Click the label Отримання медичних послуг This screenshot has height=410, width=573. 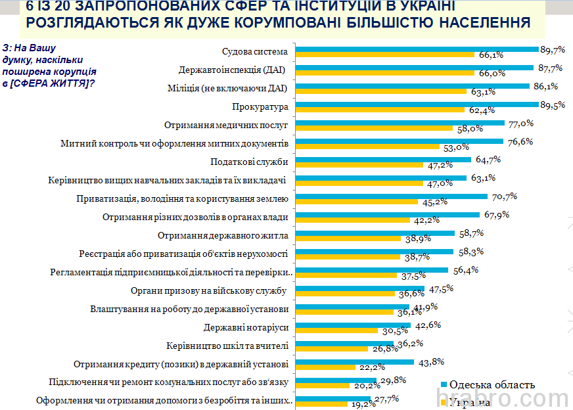pos(226,124)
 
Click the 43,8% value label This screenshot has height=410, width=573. pos(427,361)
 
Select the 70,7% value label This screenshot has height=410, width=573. pos(501,196)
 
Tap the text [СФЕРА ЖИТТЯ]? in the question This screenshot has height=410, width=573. pos(52,83)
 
